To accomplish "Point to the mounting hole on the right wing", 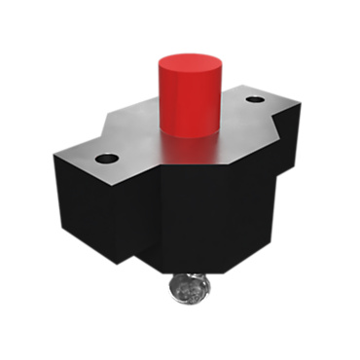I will point(255,99).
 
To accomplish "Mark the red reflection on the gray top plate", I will point(185,146).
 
